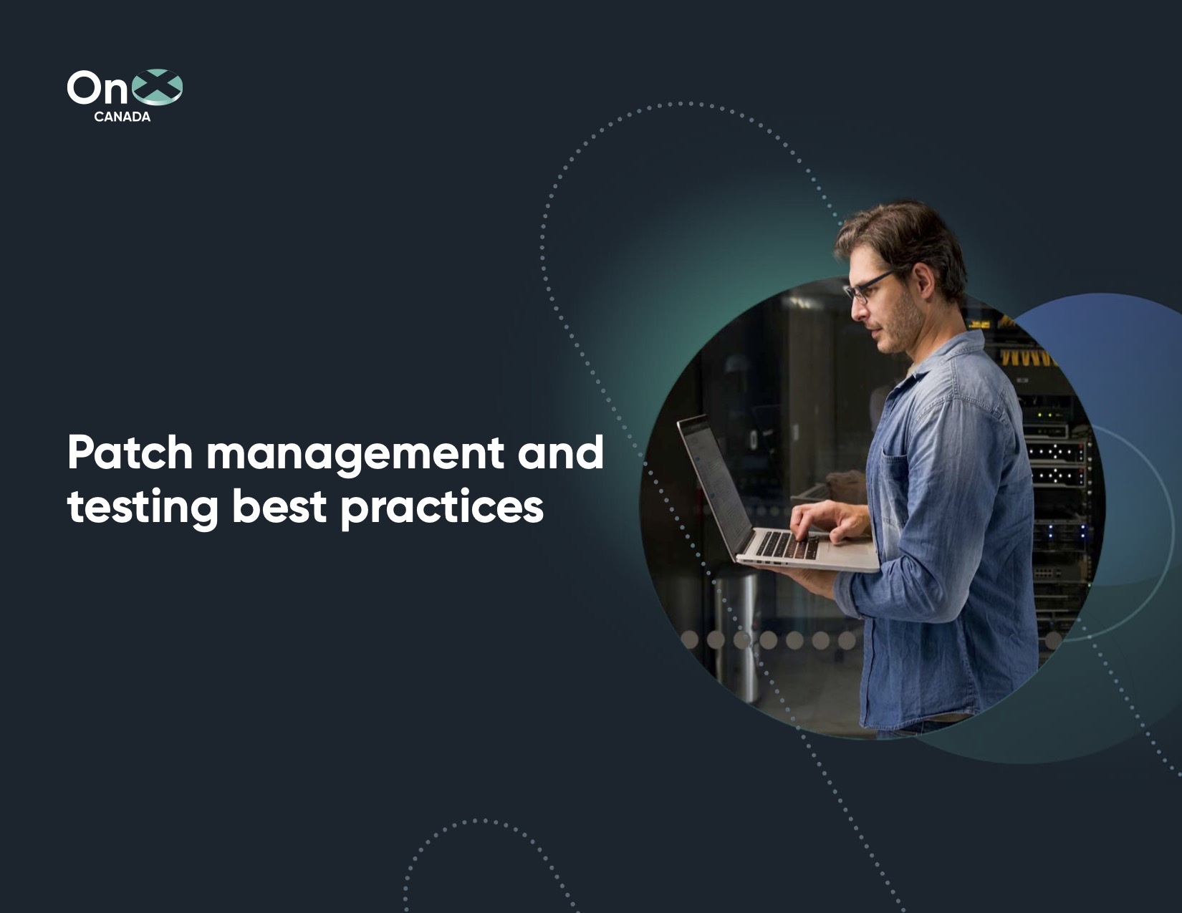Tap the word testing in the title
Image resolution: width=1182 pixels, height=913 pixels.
pyautogui.click(x=142, y=507)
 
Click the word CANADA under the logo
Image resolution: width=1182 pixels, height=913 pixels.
pyautogui.click(x=122, y=117)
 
